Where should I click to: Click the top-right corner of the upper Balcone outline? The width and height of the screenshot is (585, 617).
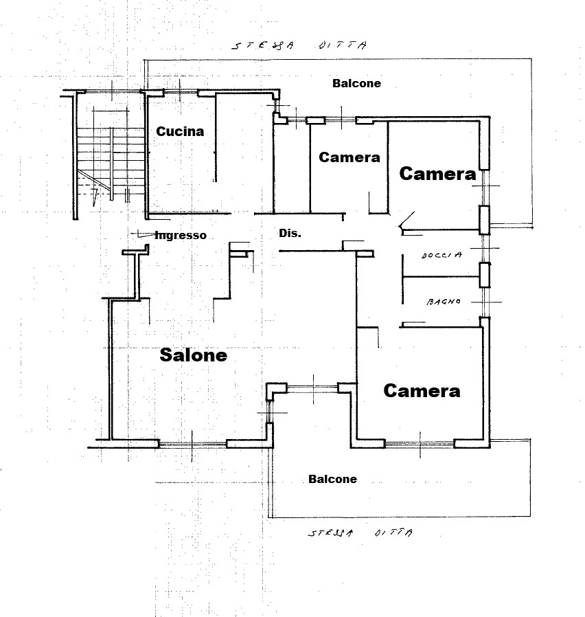[x=532, y=59]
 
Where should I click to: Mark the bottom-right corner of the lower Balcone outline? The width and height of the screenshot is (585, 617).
[x=530, y=516]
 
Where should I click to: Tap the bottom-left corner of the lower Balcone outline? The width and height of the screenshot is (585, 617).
[x=269, y=517]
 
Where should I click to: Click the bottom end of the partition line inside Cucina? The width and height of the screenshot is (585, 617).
[x=216, y=181]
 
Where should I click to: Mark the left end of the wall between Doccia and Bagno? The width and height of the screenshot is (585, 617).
[x=403, y=277]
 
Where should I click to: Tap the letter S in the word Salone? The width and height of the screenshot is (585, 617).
[x=167, y=355]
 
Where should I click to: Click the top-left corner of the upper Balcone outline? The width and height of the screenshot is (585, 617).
[x=144, y=60]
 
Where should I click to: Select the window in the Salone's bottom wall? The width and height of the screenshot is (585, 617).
[x=193, y=445]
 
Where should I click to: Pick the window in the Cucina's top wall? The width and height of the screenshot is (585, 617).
[x=181, y=92]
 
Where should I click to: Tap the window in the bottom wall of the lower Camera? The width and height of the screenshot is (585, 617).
[x=420, y=444]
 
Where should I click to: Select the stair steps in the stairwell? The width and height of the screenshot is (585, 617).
[x=111, y=161]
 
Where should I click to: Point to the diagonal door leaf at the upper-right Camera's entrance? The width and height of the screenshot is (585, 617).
[x=407, y=220]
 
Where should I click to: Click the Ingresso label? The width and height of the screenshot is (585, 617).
[x=181, y=235]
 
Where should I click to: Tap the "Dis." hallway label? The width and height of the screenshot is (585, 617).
[x=290, y=234]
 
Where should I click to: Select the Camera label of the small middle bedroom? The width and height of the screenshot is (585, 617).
[x=349, y=157]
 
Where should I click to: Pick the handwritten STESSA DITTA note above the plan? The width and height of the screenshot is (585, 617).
[x=299, y=45]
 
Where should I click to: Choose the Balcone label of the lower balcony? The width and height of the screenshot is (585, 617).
[x=332, y=479]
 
